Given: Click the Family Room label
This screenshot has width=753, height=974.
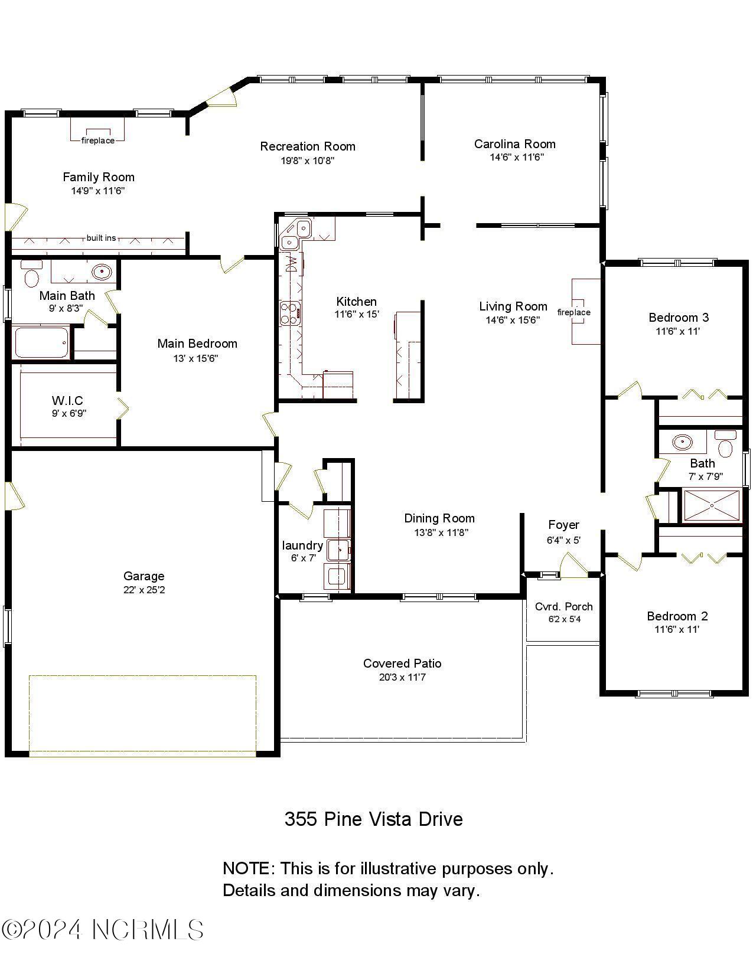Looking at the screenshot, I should (x=99, y=177).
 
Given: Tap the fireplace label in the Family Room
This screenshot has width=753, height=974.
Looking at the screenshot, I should (x=98, y=140).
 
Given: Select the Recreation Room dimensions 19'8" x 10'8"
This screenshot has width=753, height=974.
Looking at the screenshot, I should (x=308, y=160).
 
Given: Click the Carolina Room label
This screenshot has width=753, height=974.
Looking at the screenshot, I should (x=514, y=144).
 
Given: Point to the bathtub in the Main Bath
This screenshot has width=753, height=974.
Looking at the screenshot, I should (x=41, y=342).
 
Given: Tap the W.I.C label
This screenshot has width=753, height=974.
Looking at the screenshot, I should (x=67, y=401).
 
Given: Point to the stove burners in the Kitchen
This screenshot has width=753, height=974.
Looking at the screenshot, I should (x=289, y=313).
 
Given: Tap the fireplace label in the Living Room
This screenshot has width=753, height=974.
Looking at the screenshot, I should (x=573, y=312).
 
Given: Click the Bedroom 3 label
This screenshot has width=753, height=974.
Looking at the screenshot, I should (x=678, y=318).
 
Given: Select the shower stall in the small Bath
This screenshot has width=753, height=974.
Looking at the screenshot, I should (x=712, y=505).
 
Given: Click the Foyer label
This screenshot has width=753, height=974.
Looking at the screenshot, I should (x=563, y=525).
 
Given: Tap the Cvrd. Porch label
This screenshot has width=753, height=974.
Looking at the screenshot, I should (x=563, y=606).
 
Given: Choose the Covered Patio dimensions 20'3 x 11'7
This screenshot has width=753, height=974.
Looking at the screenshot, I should (x=402, y=677).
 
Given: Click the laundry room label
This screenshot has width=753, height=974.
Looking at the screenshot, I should (x=302, y=545).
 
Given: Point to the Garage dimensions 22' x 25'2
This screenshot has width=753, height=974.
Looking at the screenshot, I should (x=144, y=590).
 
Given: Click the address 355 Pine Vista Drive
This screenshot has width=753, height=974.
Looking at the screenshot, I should (x=373, y=819).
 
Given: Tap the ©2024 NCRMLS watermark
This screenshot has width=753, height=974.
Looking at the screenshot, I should (x=103, y=930).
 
